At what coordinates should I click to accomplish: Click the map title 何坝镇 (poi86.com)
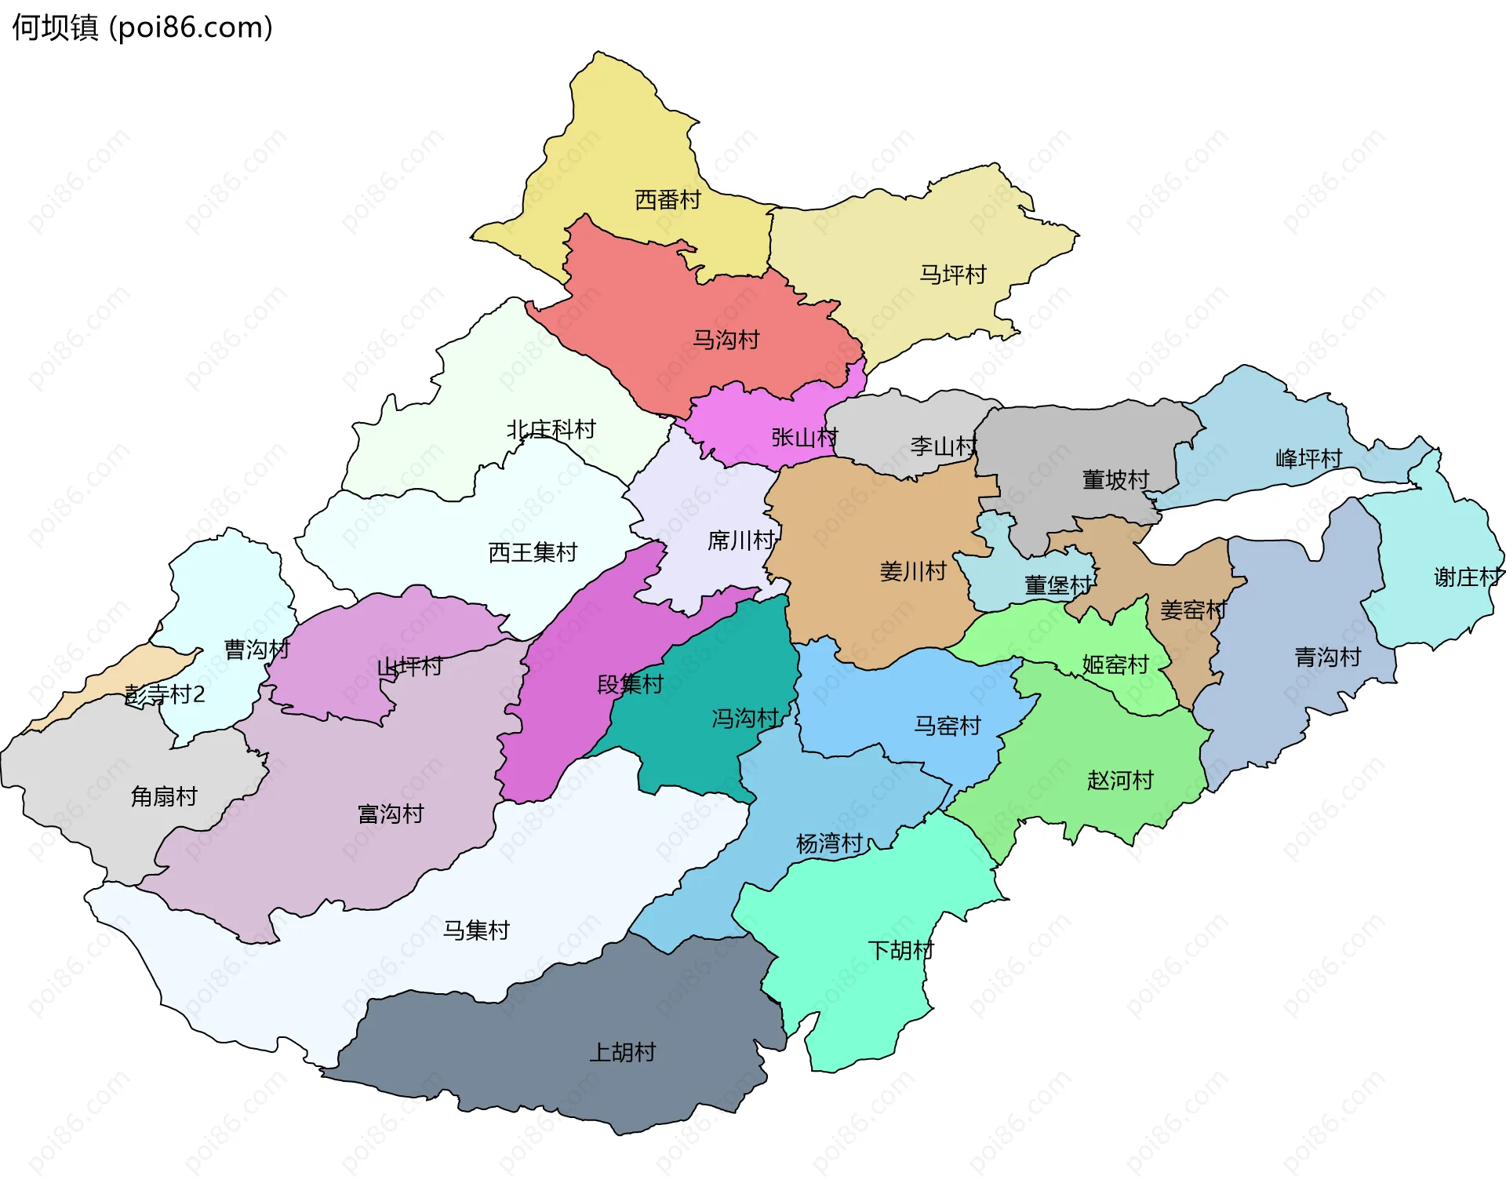coord(142,27)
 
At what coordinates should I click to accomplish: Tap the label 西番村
coord(667,200)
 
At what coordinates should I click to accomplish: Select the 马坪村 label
coord(952,275)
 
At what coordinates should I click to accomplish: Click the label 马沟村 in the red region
coord(726,340)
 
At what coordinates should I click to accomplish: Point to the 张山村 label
coord(804,437)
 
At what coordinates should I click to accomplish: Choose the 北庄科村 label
coord(551,429)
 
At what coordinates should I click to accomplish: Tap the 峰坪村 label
coord(1308,458)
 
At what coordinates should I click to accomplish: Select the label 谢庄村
coord(1468,577)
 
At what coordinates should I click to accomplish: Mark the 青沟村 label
coord(1327,657)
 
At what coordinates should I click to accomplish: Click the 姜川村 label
coord(912,571)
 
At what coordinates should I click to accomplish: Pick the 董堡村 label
coord(1057,585)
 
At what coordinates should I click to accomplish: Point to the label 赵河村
coord(1120,780)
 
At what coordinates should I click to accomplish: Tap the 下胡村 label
coord(900,950)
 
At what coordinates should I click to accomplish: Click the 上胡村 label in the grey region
coord(622,1052)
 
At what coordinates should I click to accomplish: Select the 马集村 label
coord(476,930)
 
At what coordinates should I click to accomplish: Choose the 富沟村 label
coord(390,814)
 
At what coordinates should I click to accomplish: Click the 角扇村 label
coord(163,796)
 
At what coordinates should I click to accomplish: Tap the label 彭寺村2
coord(165,694)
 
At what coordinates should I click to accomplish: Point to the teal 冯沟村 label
coord(744,718)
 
